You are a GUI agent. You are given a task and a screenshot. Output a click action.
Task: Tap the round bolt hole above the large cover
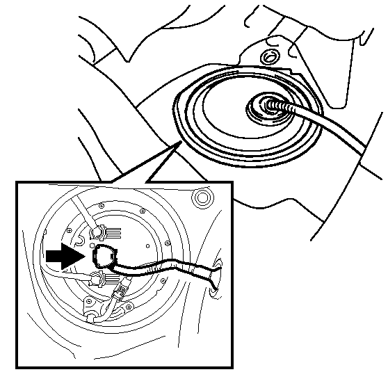pos(268,56)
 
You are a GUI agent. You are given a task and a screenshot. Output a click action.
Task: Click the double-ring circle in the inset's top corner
pos(203,198)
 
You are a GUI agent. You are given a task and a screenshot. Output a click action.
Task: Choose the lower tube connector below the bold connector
pos(97,280)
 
